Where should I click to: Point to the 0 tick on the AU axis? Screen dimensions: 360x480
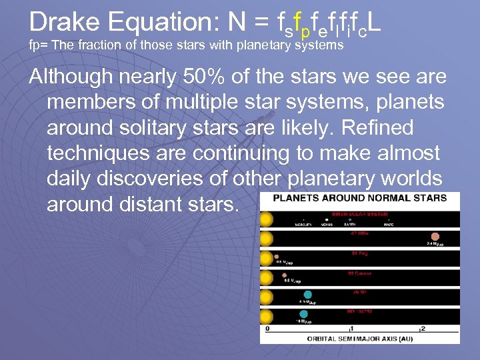pyautogui.click(x=267, y=329)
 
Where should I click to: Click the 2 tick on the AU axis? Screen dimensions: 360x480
pyautogui.click(x=422, y=329)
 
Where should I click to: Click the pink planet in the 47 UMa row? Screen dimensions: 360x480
pyautogui.click(x=435, y=237)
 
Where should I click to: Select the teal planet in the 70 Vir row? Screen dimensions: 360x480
pyautogui.click(x=308, y=294)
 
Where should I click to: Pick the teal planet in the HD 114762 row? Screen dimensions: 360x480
pyautogui.click(x=304, y=313)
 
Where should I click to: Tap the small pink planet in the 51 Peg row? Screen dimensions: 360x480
pyautogui.click(x=277, y=256)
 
